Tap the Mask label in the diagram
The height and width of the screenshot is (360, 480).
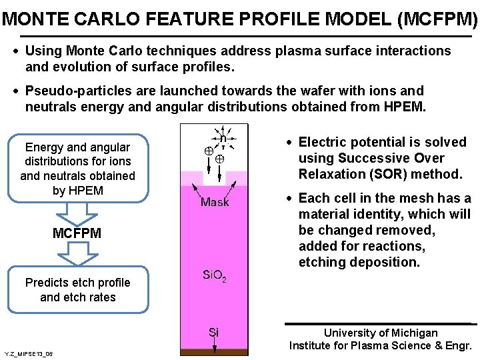pos(215,202)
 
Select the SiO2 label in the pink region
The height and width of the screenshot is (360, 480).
pos(215,275)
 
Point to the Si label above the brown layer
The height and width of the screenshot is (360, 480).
pos(213,331)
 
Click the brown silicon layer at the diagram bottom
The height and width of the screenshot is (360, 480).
pos(214,352)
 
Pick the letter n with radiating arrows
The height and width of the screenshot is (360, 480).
pos(223,139)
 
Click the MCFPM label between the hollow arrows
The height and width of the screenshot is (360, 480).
pos(77,233)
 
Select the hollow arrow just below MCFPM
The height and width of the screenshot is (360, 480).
pos(78,253)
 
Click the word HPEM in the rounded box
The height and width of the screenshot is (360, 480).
pos(87,191)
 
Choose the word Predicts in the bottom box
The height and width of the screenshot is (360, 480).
pos(47,283)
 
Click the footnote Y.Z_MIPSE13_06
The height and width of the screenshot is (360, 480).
pos(28,353)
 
